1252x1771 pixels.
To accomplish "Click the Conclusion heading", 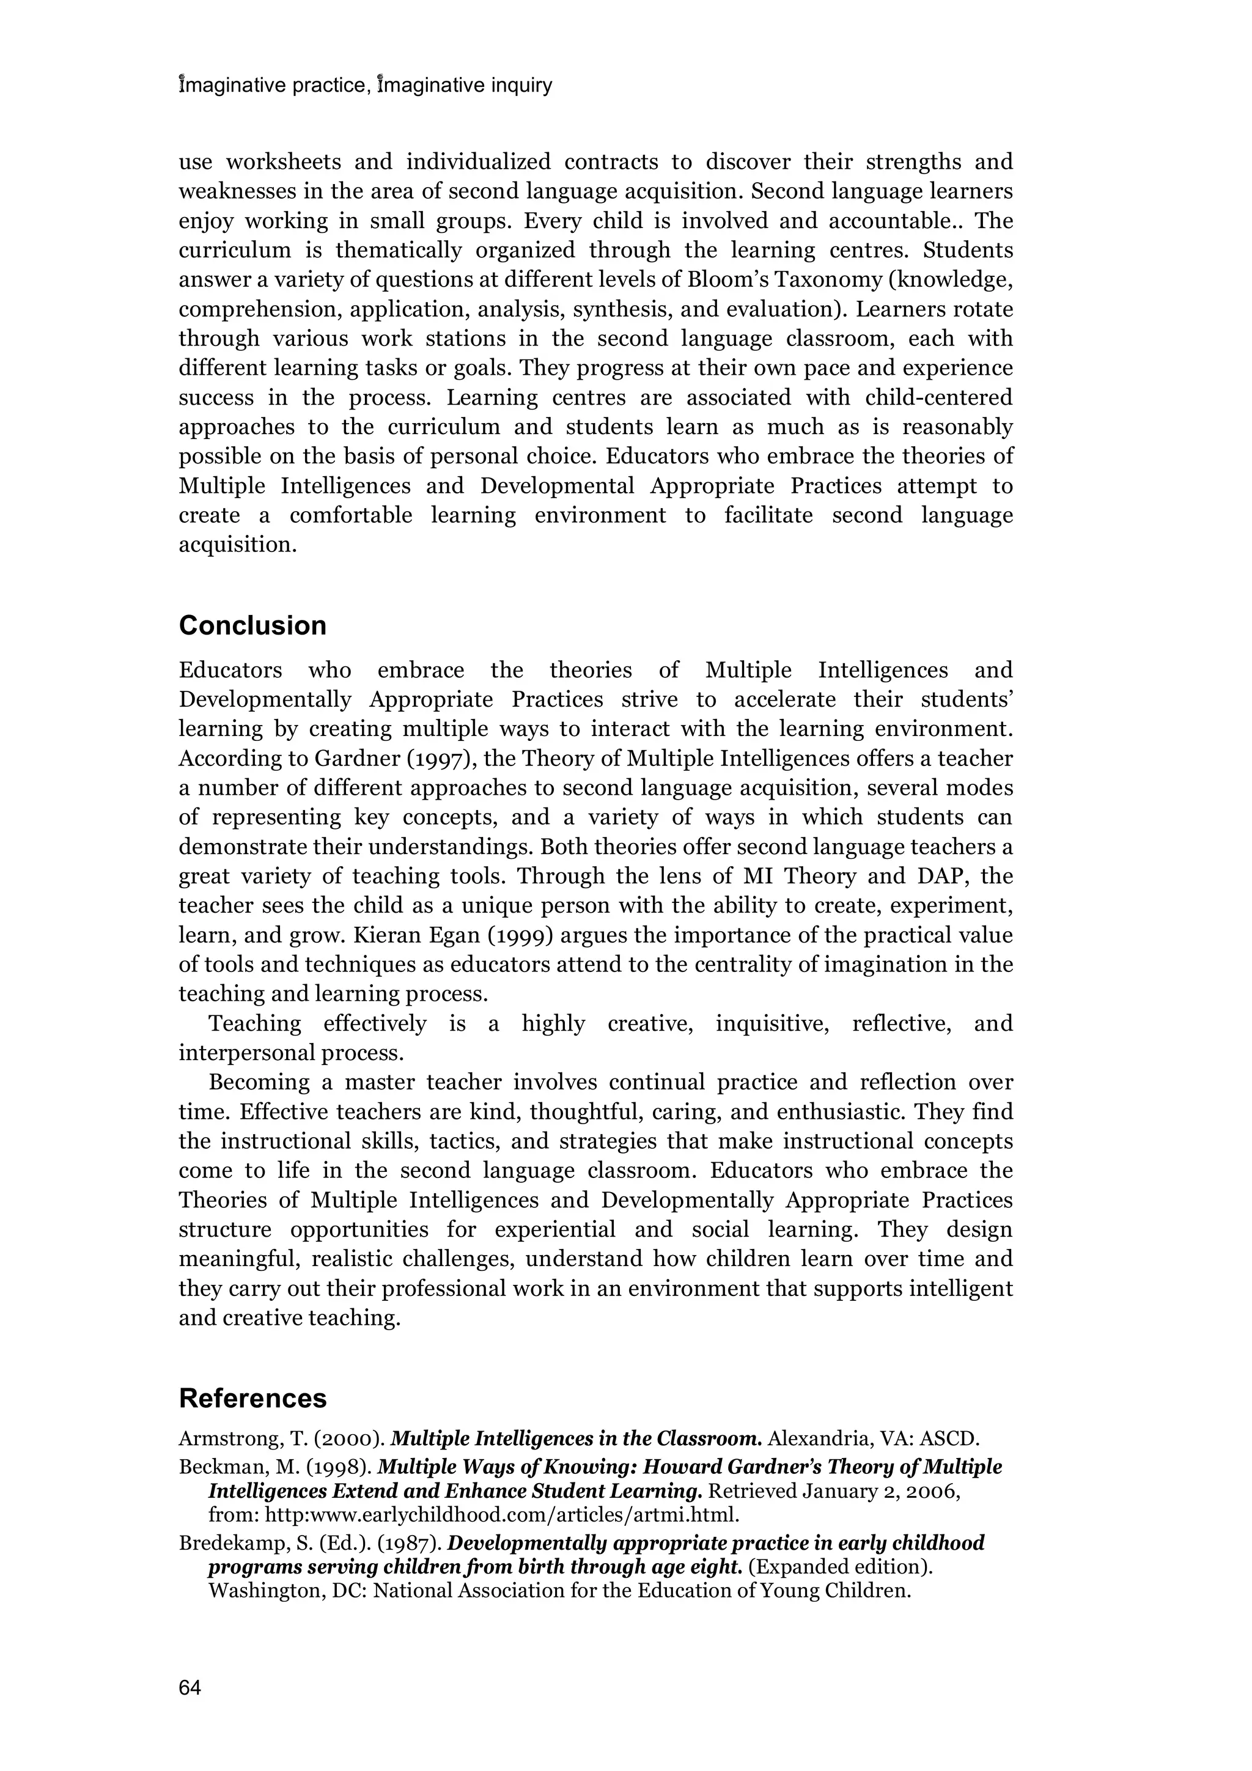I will [x=252, y=625].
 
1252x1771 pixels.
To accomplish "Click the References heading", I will [x=252, y=1399].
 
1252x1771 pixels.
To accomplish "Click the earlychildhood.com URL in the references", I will [x=501, y=1515].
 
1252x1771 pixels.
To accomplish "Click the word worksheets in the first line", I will [x=283, y=163].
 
